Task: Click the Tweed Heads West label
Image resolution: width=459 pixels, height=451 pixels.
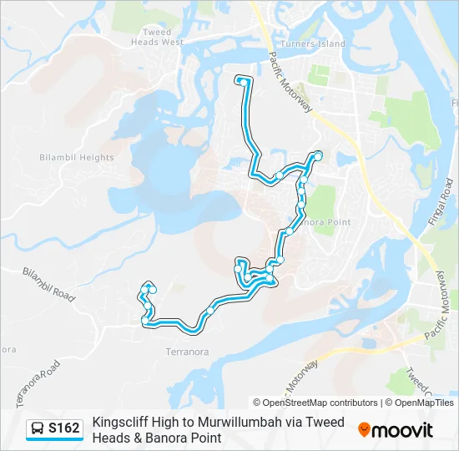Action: (x=157, y=37)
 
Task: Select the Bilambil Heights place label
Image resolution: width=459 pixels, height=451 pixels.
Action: (x=77, y=157)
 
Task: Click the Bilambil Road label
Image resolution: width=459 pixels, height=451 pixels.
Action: (x=48, y=283)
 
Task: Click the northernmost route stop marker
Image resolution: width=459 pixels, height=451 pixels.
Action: (x=241, y=80)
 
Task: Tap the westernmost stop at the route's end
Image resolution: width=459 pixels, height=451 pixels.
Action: (x=145, y=320)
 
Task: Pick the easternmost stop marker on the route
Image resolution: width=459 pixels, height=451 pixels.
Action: (x=318, y=155)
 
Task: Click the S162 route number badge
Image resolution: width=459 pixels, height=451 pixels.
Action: (x=64, y=429)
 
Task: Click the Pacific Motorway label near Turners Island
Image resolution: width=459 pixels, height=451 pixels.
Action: (x=290, y=79)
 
